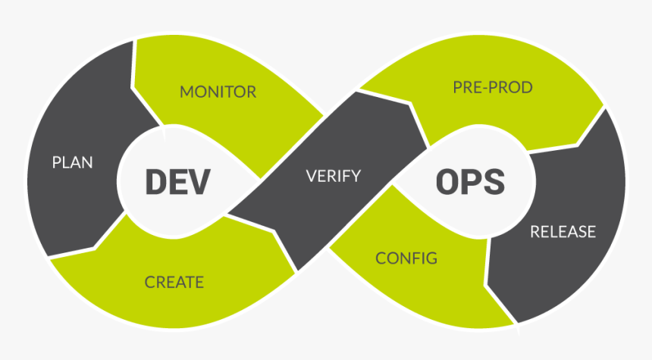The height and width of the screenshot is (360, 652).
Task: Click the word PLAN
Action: [72, 162]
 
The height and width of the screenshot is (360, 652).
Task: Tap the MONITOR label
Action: [218, 92]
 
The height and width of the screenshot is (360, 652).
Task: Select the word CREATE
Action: [174, 282]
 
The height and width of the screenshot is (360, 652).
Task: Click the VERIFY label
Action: [333, 177]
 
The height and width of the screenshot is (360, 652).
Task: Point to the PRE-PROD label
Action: [493, 88]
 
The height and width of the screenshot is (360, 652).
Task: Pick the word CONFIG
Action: [406, 258]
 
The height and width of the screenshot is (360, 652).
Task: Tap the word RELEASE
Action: [563, 232]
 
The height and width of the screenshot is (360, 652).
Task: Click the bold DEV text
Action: [177, 182]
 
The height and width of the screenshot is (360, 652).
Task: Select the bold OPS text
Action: [470, 182]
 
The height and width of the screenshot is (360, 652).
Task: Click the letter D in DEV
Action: [156, 182]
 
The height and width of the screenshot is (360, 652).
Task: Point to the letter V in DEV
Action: [199, 182]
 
